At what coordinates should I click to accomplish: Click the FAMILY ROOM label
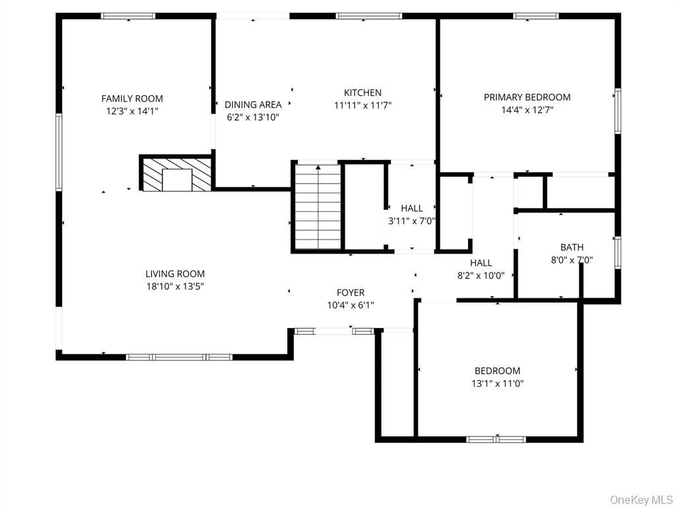(132, 98)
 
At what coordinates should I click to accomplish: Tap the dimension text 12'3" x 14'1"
(132, 112)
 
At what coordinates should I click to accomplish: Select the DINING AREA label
(253, 104)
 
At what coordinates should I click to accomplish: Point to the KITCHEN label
(362, 92)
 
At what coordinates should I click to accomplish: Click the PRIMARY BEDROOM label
(527, 97)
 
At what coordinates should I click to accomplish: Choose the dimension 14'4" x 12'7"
(527, 110)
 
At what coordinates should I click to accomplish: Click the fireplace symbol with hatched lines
(177, 174)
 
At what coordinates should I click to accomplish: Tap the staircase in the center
(318, 207)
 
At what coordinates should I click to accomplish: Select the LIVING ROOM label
(175, 273)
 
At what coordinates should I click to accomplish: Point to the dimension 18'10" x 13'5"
(175, 287)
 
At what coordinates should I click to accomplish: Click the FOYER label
(350, 292)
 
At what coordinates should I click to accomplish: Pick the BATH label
(572, 248)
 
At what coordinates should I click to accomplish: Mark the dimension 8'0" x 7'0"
(572, 260)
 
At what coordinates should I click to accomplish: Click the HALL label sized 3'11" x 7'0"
(412, 209)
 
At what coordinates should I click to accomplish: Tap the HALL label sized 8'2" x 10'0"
(481, 263)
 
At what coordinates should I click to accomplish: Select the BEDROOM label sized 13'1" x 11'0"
(497, 370)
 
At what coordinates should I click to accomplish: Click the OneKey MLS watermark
(641, 499)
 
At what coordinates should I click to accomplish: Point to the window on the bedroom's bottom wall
(496, 439)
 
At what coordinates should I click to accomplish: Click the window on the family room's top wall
(128, 16)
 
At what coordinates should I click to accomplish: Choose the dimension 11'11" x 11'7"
(362, 105)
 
